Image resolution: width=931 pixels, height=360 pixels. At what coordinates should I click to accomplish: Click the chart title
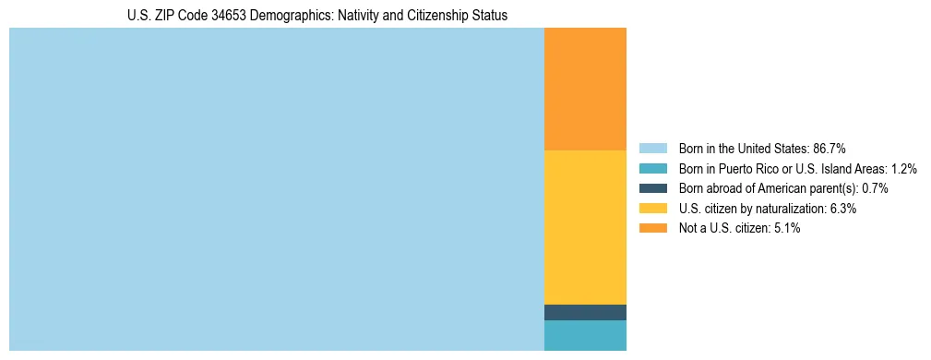pyautogui.click(x=317, y=16)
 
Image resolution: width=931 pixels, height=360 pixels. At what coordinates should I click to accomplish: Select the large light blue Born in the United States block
pyautogui.click(x=276, y=189)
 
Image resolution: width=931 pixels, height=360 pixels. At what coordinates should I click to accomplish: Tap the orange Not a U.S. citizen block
pyautogui.click(x=585, y=89)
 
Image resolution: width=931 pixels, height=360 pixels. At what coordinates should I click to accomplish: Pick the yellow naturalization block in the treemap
pyautogui.click(x=585, y=227)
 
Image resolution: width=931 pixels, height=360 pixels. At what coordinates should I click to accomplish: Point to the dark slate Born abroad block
pyautogui.click(x=585, y=312)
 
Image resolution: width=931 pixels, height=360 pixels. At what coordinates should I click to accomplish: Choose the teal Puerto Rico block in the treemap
pyautogui.click(x=585, y=335)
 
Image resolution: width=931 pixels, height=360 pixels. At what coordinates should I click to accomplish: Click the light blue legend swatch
pyautogui.click(x=652, y=149)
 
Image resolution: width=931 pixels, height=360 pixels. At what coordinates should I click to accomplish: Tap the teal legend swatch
pyautogui.click(x=652, y=169)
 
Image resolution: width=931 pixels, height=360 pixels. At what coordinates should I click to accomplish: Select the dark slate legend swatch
pyautogui.click(x=652, y=188)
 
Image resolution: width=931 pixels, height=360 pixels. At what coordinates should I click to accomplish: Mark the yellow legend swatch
pyautogui.click(x=652, y=209)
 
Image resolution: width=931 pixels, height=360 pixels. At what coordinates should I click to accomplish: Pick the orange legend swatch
pyautogui.click(x=652, y=229)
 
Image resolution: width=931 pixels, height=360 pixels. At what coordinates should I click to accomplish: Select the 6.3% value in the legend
pyautogui.click(x=842, y=209)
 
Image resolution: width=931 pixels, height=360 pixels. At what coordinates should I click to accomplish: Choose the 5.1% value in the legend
pyautogui.click(x=786, y=229)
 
